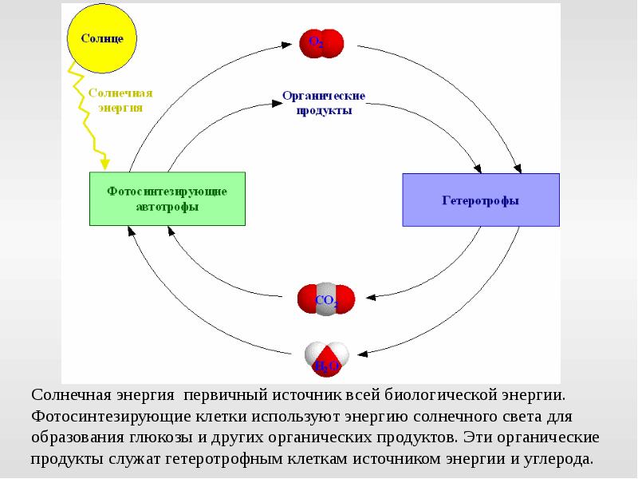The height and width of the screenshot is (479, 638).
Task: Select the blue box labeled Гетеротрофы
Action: pyautogui.click(x=480, y=200)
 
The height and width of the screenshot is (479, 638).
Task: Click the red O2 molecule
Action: pyautogui.click(x=321, y=42)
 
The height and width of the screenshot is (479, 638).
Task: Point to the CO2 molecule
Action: pyautogui.click(x=325, y=299)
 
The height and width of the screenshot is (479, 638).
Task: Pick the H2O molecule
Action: pyautogui.click(x=325, y=358)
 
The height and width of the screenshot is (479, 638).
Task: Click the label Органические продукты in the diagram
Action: pyautogui.click(x=323, y=103)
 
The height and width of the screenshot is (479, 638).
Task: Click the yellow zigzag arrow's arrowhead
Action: pyautogui.click(x=104, y=164)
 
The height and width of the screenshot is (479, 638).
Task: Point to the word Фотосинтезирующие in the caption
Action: pyautogui.click(x=98, y=417)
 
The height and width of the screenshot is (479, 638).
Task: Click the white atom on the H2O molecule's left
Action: pyautogui.click(x=313, y=351)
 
